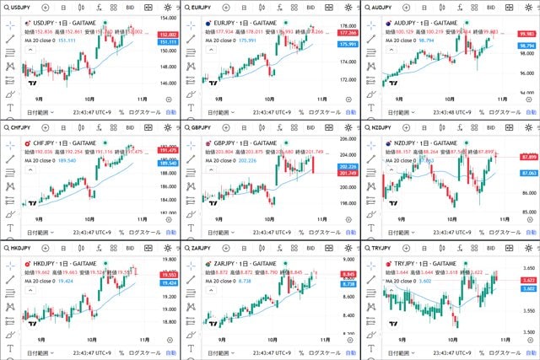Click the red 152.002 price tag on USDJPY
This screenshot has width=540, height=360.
tap(167, 34)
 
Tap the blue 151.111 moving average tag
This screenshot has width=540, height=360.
tap(167, 41)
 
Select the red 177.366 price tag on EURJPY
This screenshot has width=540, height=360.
tap(347, 33)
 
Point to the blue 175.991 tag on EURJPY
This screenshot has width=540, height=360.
tap(347, 44)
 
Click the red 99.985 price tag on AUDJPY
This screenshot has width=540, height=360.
tap(526, 33)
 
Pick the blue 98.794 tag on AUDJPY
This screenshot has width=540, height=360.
tap(526, 46)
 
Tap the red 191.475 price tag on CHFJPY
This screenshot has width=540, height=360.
tap(167, 150)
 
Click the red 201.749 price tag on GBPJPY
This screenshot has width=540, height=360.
tap(347, 174)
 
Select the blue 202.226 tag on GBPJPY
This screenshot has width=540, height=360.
tap(347, 167)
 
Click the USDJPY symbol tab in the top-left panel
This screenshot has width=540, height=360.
tap(19, 7)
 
